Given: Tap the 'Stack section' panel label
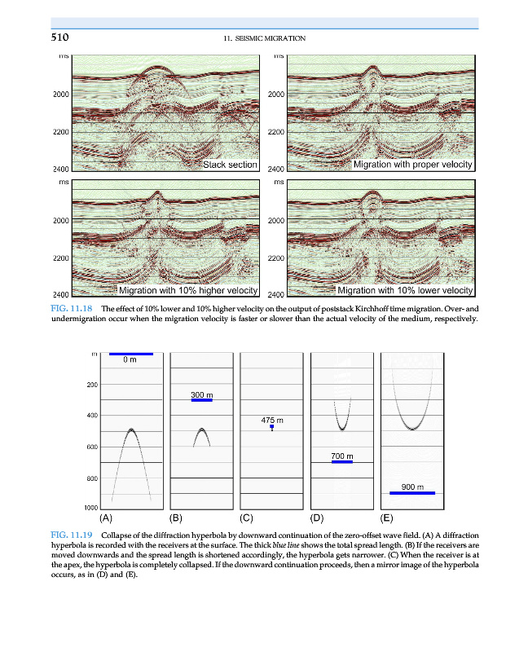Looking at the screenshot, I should (x=230, y=165).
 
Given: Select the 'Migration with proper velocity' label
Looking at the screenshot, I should (x=412, y=165).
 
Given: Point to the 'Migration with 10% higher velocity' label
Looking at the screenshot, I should (x=188, y=290).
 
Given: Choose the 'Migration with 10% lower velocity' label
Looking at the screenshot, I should (x=405, y=290).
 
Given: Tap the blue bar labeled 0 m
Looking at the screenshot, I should (x=131, y=354).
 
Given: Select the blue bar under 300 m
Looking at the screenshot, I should (x=201, y=401).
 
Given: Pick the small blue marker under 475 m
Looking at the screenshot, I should (x=272, y=427).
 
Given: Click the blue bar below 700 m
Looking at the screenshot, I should (x=342, y=462).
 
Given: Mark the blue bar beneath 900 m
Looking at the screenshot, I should (x=412, y=493).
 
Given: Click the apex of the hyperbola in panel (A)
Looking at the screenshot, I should (x=131, y=430).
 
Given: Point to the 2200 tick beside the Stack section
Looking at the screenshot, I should (x=59, y=132).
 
